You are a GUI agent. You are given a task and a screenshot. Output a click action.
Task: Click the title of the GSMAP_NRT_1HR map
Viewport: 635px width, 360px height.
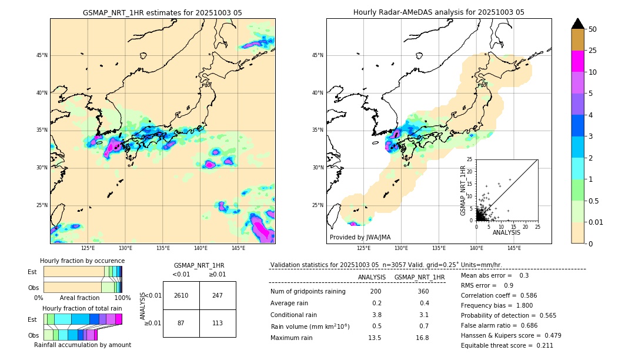[162, 12]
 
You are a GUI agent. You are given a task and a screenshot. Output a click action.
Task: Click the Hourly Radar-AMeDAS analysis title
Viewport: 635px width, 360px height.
[439, 12]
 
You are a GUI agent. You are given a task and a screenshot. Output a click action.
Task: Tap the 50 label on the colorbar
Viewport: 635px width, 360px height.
[593, 29]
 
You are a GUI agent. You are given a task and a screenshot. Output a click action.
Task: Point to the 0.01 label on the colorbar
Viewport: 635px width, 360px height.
[596, 222]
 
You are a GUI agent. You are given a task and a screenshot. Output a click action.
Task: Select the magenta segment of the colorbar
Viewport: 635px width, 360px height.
[577, 61]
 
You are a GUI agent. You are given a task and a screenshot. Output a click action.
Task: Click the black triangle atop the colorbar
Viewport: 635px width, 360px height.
[577, 24]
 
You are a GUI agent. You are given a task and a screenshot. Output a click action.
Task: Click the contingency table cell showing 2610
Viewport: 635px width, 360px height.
[181, 295]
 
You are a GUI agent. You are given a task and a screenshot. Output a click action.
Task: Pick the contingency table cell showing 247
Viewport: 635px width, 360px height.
[218, 295]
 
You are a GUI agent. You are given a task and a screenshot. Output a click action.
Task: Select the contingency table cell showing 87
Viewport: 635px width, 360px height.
[181, 323]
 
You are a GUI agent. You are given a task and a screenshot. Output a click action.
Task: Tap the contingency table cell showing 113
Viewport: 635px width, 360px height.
[218, 323]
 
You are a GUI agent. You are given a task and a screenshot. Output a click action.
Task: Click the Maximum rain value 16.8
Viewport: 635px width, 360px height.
[422, 338]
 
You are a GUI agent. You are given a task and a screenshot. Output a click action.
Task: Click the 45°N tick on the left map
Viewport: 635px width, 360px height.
[42, 55]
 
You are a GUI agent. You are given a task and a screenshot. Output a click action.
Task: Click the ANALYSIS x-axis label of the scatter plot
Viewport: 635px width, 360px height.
[506, 232]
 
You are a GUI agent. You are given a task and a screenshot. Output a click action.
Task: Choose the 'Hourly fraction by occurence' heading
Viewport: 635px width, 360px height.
[82, 261]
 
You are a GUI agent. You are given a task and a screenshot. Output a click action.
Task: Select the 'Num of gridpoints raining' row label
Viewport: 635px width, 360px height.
[308, 292]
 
